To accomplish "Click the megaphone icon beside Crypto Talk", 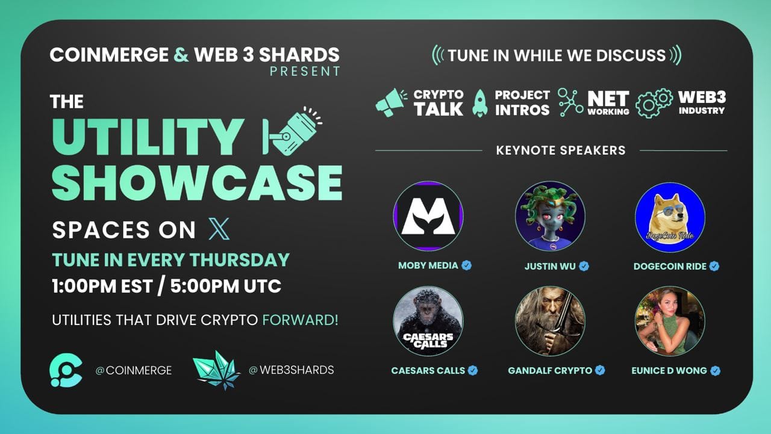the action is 391,102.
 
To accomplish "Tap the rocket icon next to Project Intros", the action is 480,103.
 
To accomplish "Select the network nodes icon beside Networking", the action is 570,102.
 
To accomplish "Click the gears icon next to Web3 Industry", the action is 654,103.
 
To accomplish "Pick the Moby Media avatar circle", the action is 428,216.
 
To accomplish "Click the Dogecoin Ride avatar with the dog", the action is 670,217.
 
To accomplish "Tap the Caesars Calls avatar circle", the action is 428,321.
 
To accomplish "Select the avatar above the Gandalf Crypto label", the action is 550,321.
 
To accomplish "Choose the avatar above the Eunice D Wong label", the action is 670,321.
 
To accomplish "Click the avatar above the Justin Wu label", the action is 550,216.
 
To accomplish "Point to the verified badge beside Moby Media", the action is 467,265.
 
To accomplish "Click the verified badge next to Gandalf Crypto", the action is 601,370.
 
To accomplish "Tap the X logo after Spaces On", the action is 219,229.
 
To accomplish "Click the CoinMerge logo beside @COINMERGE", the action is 66,370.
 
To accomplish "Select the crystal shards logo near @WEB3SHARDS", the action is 216,370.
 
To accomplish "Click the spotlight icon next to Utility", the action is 293,131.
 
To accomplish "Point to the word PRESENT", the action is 305,71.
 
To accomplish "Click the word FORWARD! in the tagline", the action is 300,320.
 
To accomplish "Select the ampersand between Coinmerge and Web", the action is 181,55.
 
